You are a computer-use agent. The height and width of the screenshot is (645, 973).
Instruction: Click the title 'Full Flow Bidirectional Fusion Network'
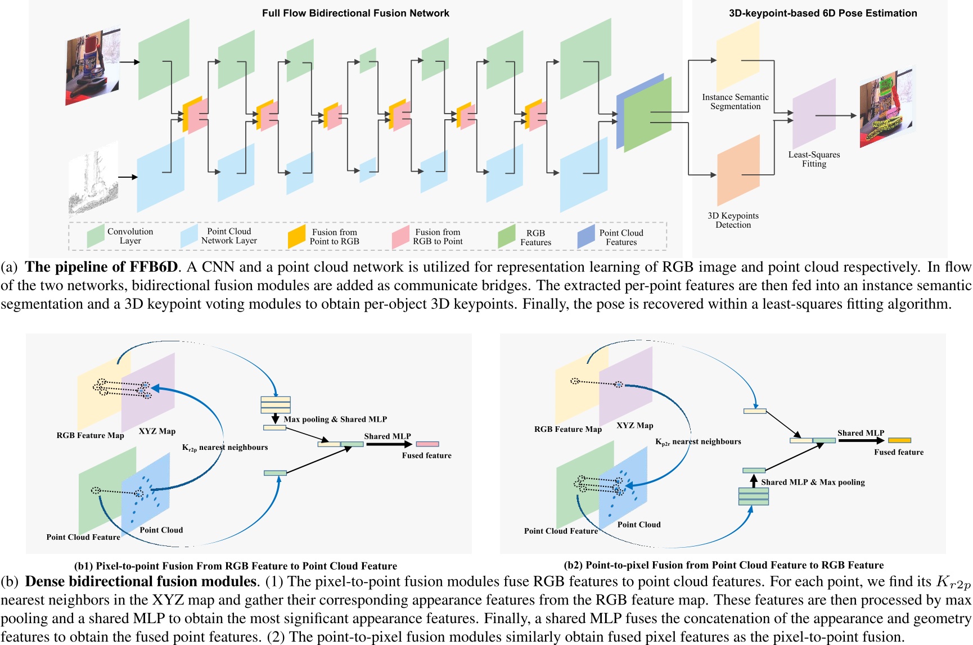(355, 13)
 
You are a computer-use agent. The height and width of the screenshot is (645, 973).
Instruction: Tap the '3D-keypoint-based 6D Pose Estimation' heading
(822, 13)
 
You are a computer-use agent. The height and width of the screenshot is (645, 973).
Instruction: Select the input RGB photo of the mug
(93, 66)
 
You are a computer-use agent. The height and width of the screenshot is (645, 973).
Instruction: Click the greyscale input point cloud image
(93, 178)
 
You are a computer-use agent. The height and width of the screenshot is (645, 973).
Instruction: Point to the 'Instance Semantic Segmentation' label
(735, 102)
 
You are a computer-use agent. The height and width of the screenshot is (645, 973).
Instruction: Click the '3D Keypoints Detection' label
(733, 220)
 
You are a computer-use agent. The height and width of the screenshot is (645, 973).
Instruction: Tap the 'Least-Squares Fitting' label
(814, 159)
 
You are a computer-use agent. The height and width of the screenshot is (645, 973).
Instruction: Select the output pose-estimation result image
(886, 108)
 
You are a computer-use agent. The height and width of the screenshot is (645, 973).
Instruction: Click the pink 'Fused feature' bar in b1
(427, 444)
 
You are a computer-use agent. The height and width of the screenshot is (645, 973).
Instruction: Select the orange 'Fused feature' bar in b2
(899, 440)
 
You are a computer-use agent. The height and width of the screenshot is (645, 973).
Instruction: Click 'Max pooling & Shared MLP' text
(335, 419)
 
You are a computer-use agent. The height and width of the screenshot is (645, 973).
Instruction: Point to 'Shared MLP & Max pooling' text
(813, 482)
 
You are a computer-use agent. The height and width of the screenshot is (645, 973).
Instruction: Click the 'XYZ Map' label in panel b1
(157, 431)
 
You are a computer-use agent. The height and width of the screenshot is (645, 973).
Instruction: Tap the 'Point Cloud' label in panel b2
(639, 524)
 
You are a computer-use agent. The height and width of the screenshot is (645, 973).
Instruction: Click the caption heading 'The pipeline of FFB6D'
(101, 267)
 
